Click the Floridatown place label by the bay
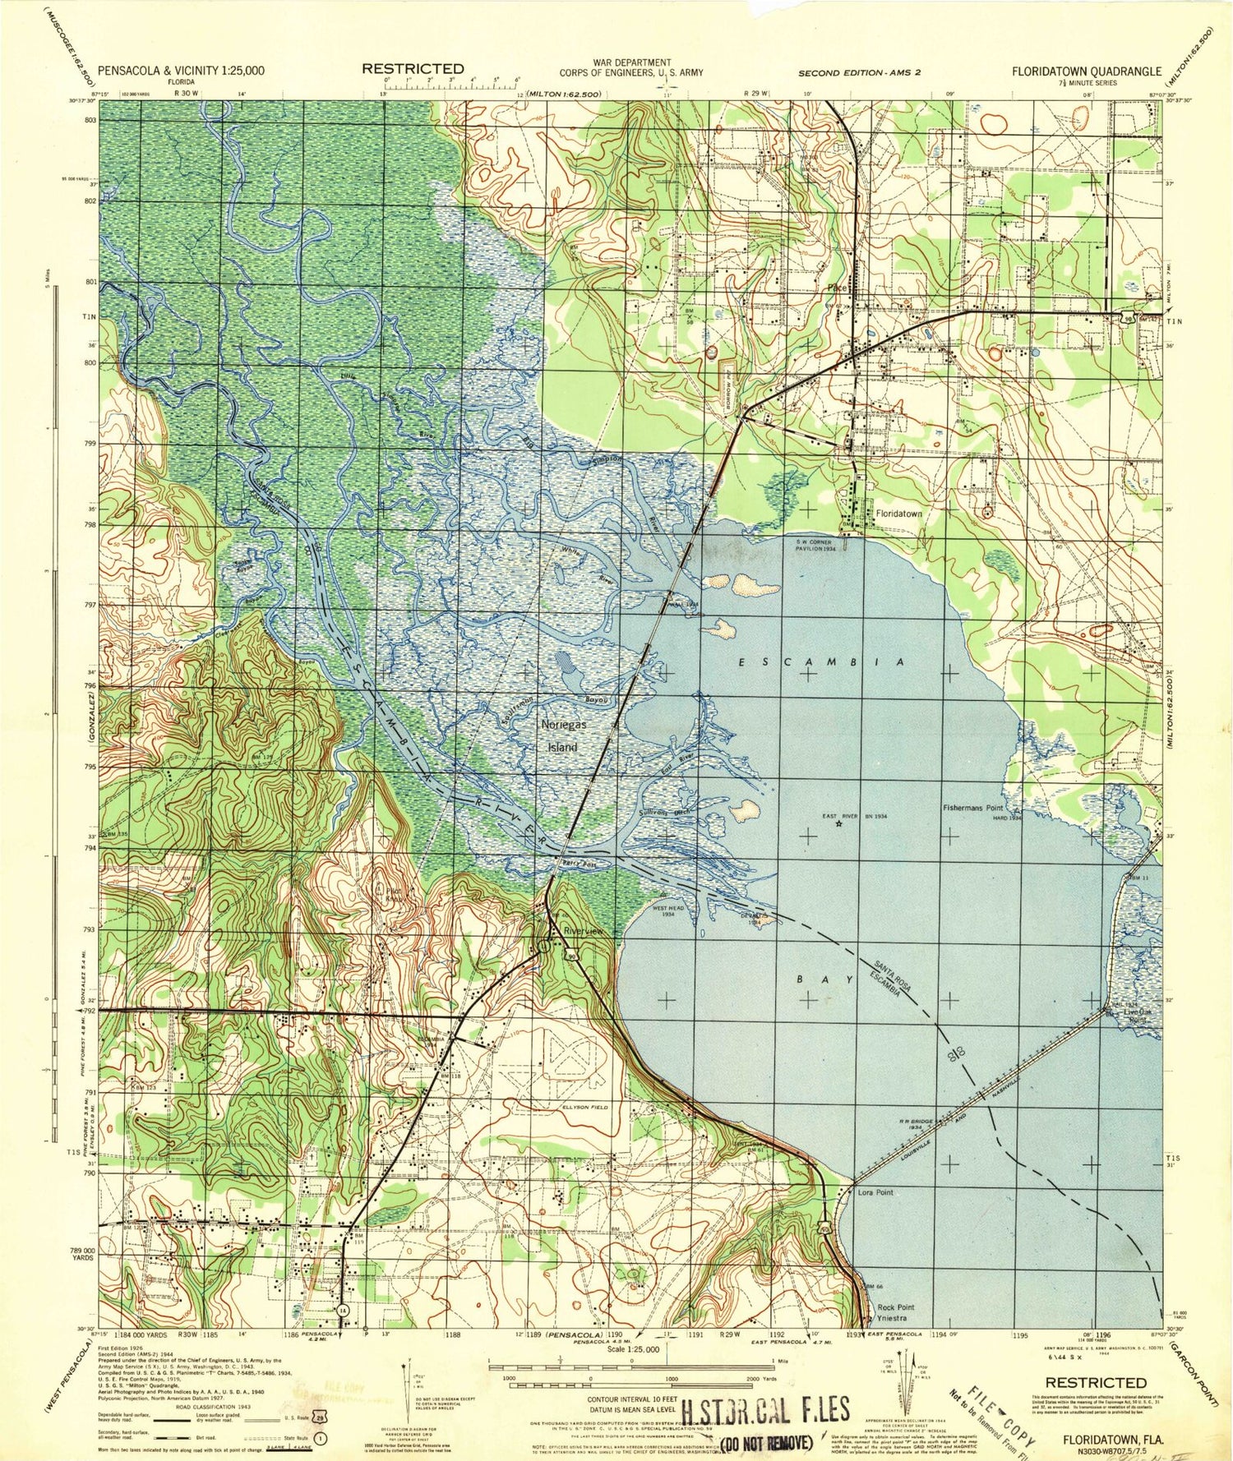898,513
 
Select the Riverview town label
583,931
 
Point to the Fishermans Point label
976,808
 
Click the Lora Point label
875,1191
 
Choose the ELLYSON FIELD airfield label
584,1107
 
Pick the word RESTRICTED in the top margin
413,69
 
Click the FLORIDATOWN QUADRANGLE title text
1086,71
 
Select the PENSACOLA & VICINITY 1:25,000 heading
181,71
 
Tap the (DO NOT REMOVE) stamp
766,1443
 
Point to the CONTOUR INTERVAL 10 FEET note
631,1399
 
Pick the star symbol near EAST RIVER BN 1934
838,823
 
